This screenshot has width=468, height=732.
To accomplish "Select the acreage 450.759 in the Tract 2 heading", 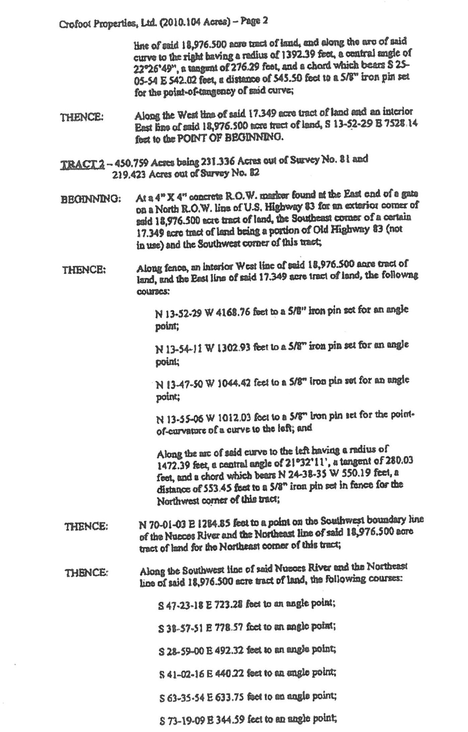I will click(132, 163).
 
